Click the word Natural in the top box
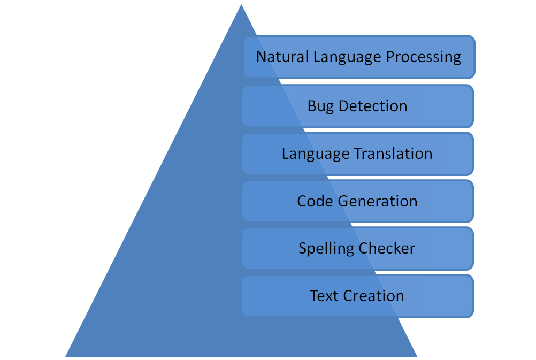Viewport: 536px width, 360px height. [x=282, y=57]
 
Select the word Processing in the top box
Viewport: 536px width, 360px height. [x=424, y=57]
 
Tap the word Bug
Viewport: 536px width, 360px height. [x=320, y=106]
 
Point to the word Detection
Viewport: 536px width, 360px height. [x=373, y=106]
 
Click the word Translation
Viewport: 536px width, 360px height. [x=393, y=154]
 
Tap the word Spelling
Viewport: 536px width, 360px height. [x=326, y=249]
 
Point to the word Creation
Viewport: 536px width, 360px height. [x=373, y=296]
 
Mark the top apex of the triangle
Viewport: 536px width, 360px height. [x=241, y=4]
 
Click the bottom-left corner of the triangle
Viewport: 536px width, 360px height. [x=65, y=357]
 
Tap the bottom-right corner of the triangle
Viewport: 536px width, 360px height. [x=417, y=357]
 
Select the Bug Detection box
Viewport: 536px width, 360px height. [x=358, y=106]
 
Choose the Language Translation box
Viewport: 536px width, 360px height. [x=358, y=154]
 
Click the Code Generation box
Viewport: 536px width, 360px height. [x=358, y=201]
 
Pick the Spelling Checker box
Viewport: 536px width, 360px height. [x=358, y=249]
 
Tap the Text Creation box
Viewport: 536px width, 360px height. [x=358, y=296]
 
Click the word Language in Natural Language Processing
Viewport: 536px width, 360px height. [x=347, y=57]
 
